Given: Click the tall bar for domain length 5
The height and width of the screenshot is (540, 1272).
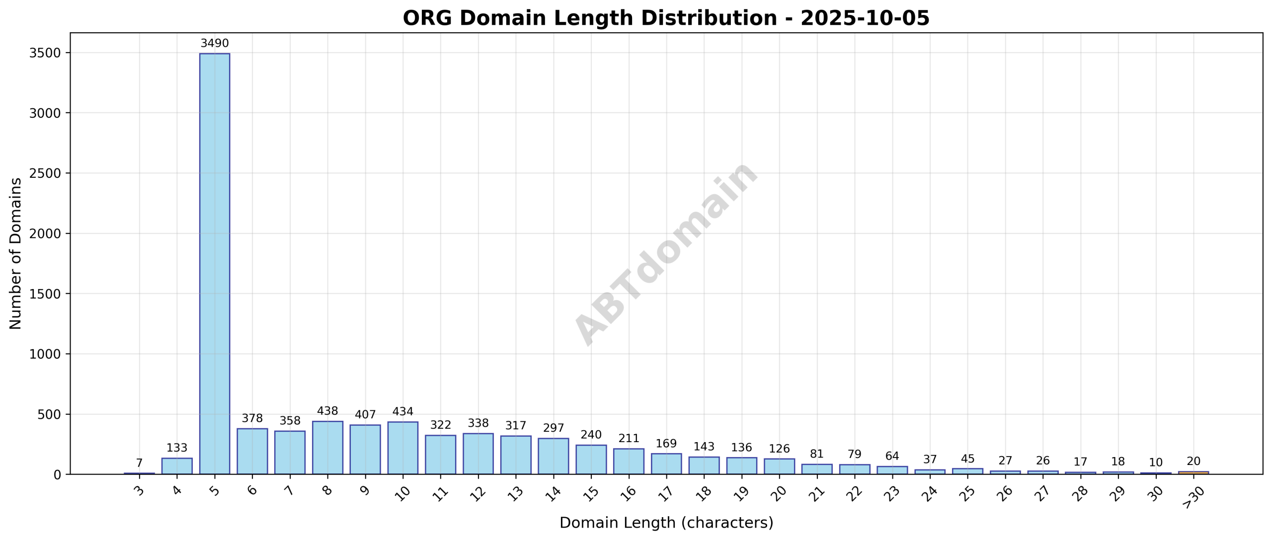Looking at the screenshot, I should click(x=215, y=263).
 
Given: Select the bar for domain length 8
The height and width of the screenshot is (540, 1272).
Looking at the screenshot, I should click(x=327, y=448).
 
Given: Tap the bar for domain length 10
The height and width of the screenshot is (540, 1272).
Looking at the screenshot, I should click(x=402, y=448).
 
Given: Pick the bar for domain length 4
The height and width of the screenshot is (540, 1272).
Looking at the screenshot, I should click(x=177, y=466).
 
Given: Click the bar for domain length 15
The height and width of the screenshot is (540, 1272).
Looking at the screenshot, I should click(x=591, y=460).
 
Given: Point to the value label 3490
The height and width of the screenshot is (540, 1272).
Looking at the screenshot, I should click(x=215, y=44).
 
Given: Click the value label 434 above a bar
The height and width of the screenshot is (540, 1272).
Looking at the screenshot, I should click(x=402, y=412).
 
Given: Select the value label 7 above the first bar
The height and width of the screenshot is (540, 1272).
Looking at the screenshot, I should click(x=139, y=463).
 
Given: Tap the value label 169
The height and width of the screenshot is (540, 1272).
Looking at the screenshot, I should click(x=666, y=444).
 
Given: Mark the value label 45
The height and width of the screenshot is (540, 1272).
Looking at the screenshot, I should click(x=967, y=459).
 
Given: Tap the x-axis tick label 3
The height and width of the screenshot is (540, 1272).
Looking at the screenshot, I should click(x=140, y=491).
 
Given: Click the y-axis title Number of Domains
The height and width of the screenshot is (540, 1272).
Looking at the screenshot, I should click(x=16, y=253).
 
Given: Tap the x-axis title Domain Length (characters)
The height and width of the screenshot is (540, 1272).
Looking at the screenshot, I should click(x=666, y=523).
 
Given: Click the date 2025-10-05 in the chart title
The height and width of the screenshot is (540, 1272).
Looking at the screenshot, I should click(x=865, y=18).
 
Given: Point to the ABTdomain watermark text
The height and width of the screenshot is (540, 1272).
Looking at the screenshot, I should click(x=666, y=253).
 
